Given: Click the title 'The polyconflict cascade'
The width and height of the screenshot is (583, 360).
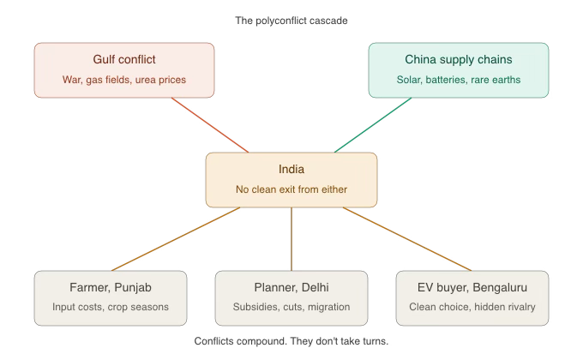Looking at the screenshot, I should tap(291, 20).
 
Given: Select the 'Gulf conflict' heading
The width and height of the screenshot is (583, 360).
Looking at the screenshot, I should tap(124, 60).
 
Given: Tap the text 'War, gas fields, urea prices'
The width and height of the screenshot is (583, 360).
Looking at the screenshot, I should tap(124, 80).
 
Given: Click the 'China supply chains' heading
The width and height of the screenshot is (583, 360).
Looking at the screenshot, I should tap(459, 60).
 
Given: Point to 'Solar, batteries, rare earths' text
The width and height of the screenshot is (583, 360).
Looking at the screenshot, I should tap(459, 80).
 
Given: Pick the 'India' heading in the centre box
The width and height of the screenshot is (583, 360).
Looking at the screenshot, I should tap(291, 170).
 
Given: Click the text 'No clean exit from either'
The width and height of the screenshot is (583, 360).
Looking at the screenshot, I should tap(291, 189).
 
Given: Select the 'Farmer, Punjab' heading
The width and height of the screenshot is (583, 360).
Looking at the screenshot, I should tap(111, 287).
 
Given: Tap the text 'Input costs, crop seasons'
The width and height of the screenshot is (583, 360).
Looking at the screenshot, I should tap(111, 306).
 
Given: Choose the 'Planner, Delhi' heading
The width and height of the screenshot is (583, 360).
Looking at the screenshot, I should tap(291, 287).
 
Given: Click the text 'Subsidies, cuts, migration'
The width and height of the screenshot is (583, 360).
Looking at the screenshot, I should tap(291, 306).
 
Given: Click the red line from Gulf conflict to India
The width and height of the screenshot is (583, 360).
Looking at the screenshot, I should tap(210, 124).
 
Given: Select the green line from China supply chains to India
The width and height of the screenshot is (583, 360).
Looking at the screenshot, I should tap(373, 124).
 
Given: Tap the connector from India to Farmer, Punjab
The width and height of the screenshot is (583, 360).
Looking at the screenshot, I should tap(176, 238).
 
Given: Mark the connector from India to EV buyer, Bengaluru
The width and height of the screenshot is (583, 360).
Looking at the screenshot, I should tap(407, 238).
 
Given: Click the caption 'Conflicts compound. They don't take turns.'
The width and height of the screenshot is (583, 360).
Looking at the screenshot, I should tap(291, 341).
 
